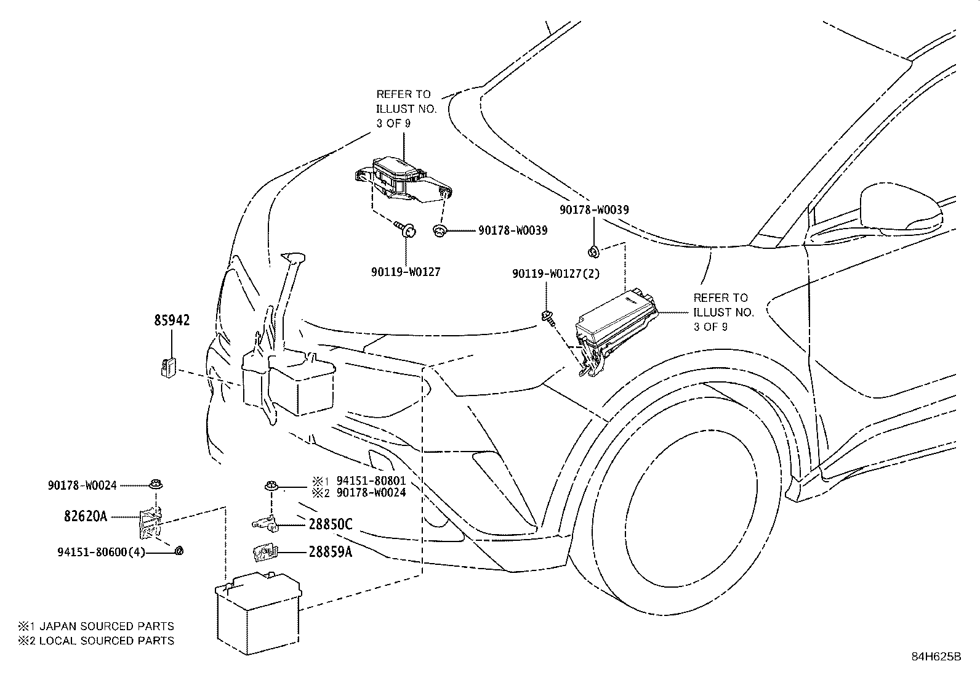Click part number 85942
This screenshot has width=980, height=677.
point(172,320)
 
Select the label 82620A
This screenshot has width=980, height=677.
point(86,516)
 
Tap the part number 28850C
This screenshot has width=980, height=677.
point(331,524)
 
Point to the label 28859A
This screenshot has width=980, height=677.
point(331,552)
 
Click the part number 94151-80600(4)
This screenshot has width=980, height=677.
point(101,552)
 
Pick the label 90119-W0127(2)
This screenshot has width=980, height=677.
point(556,274)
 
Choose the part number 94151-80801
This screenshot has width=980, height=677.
point(371,481)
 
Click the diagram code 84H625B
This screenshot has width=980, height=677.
point(936,657)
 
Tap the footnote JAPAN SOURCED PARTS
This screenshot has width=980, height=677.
point(106,626)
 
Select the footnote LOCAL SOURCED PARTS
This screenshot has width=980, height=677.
point(106,641)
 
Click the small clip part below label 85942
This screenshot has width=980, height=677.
point(167,367)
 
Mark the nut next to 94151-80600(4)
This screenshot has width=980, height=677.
point(179,551)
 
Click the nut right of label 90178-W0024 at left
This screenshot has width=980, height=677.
point(156,484)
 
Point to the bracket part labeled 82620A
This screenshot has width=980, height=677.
point(149,524)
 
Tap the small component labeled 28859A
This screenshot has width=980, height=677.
point(265,552)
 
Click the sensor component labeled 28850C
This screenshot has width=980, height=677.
point(265,523)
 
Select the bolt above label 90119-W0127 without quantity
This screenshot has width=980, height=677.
point(405,229)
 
